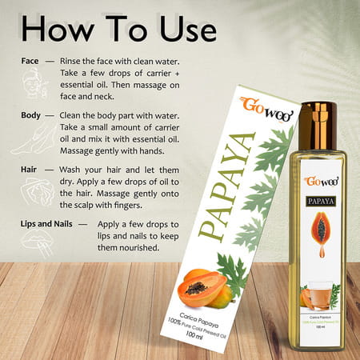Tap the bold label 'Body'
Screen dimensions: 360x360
click(x=32, y=115)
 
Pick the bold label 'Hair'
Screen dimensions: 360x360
click(x=31, y=170)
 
